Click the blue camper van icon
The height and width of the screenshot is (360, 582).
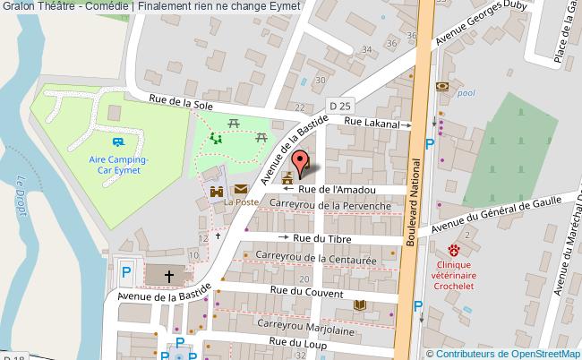[118, 141]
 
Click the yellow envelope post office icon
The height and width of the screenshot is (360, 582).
[242, 190]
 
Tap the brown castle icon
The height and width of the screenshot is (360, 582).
[217, 191]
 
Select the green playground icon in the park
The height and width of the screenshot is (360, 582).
[215, 138]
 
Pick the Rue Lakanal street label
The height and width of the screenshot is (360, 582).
[371, 124]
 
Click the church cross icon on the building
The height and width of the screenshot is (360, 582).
[168, 275]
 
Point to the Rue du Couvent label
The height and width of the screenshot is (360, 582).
[306, 293]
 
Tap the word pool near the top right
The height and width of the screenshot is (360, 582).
[466, 92]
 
